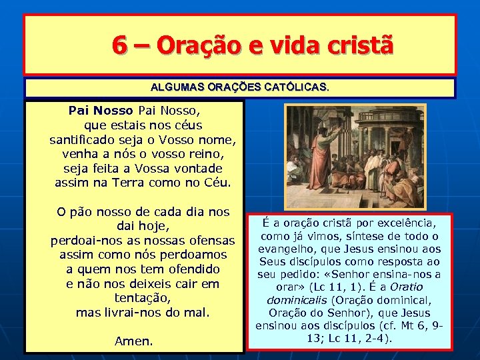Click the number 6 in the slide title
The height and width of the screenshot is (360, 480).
tap(120, 45)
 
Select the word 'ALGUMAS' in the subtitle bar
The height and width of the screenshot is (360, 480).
tap(175, 87)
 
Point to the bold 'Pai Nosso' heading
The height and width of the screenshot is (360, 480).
tap(100, 110)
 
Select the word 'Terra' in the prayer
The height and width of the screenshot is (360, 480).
tap(137, 183)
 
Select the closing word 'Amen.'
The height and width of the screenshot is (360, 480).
tap(134, 341)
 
